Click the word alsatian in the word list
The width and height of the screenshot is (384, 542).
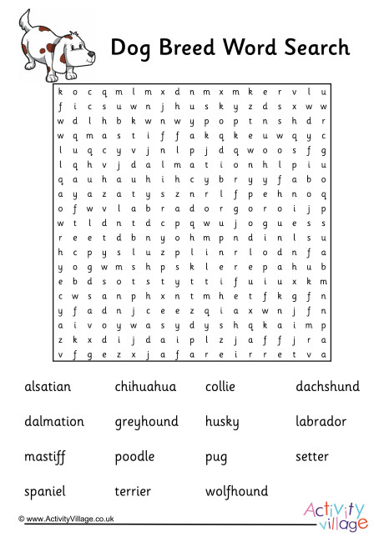[48, 387]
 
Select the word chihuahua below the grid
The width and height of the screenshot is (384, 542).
[145, 387]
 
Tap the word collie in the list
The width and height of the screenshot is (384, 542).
[220, 387]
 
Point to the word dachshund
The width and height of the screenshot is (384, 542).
[327, 387]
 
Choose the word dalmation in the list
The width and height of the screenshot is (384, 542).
[54, 422]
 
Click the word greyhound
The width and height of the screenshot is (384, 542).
[146, 422]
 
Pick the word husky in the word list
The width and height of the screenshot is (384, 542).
[222, 423]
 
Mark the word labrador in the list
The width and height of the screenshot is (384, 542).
[321, 422]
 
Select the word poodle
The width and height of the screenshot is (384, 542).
[134, 457]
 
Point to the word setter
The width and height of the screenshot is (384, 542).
[312, 457]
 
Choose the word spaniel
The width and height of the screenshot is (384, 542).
[44, 492]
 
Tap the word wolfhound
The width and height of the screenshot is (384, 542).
[236, 492]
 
